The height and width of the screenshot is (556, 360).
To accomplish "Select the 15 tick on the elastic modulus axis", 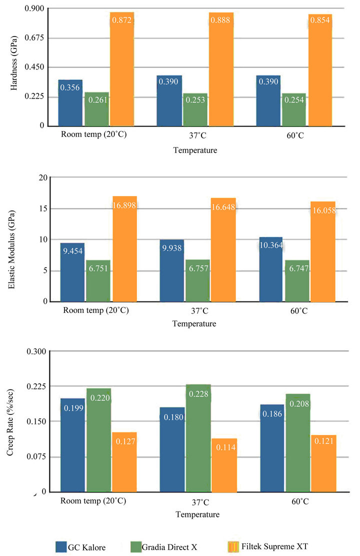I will coord(43,208).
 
